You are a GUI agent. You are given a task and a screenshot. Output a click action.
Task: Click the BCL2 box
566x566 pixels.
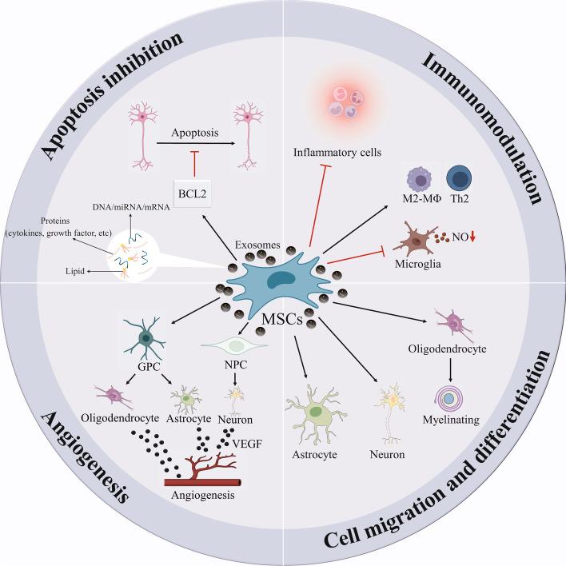point(192,193)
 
